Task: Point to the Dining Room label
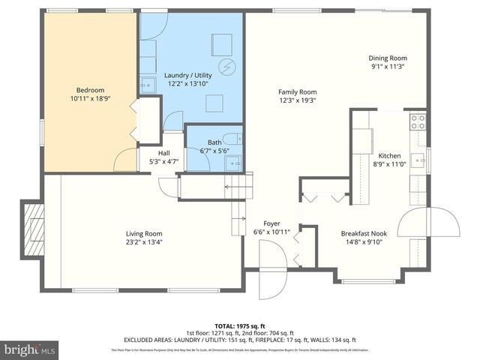tap(387, 58)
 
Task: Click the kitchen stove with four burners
tap(417, 121)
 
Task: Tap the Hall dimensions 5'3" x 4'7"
tap(164, 160)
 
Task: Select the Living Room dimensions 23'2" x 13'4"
tap(144, 242)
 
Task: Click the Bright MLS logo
tap(30, 349)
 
